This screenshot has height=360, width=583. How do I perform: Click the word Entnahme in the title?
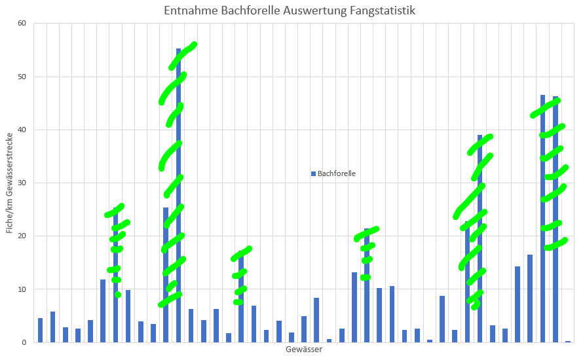point(187,11)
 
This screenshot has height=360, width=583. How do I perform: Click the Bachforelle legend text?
point(337,173)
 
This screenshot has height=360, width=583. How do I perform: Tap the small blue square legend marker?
point(314,173)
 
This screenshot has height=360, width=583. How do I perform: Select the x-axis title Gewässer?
point(303,350)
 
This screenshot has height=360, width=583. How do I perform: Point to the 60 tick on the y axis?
point(22,24)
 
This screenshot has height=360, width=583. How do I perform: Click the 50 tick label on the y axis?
point(22,77)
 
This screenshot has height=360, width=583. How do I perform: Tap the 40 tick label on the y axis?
point(22,130)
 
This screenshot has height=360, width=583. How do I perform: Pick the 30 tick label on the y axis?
point(22,183)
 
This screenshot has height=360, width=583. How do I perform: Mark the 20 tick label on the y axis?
point(22,236)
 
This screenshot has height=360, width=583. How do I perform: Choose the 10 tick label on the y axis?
point(22,289)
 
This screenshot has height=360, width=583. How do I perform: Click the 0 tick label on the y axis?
point(24,342)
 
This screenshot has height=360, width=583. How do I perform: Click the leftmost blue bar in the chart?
point(40,331)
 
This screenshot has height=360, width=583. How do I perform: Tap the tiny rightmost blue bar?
point(568,341)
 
